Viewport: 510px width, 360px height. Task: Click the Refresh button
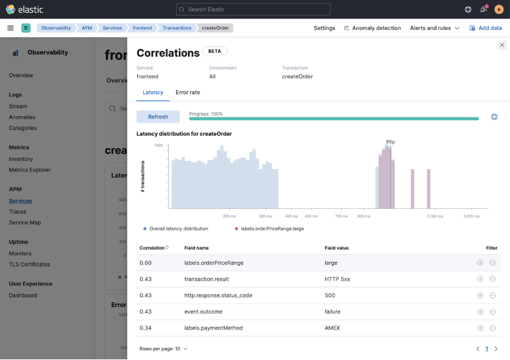158,117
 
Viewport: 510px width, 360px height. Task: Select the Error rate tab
187,93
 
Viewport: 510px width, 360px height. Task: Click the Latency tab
153,93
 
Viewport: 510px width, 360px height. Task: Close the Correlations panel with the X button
501,45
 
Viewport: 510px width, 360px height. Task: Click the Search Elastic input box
253,9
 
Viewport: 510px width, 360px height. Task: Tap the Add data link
485,28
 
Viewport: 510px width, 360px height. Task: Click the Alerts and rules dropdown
434,28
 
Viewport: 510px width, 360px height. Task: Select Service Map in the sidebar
25,223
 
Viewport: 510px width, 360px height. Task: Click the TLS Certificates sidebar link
29,265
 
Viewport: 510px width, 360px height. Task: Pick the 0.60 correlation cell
146,263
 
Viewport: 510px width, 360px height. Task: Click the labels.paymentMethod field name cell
213,328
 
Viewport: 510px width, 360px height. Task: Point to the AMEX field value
332,328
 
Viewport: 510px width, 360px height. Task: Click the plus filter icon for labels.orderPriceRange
480,263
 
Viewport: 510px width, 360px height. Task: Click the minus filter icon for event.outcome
493,312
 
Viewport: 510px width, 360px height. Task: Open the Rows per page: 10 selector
163,349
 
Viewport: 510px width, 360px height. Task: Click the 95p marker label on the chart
390,141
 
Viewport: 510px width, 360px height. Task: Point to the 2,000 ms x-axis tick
434,216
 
